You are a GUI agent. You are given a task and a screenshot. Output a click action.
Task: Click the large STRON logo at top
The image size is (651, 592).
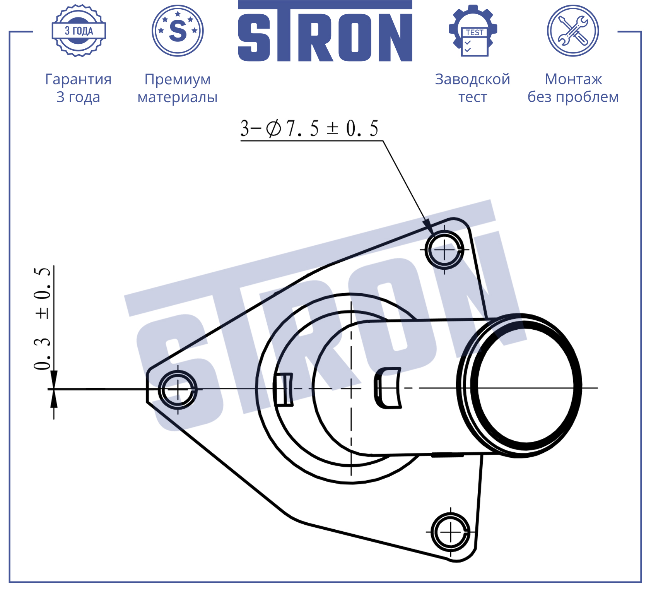pyautogui.click(x=325, y=31)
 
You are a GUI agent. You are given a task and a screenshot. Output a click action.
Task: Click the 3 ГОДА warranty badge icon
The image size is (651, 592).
pyautogui.click(x=79, y=31)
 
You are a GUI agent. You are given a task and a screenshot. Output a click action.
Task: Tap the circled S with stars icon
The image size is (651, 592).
pyautogui.click(x=178, y=31)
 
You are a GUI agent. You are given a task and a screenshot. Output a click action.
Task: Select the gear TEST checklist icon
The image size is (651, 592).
pyautogui.click(x=473, y=31)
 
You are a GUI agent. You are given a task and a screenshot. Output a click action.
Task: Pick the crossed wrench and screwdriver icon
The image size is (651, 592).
pyautogui.click(x=573, y=31)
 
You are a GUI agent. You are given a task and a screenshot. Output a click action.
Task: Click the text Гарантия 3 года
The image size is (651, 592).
pyautogui.click(x=79, y=88)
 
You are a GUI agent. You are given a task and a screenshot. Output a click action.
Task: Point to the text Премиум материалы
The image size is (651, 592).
pyautogui.click(x=178, y=88)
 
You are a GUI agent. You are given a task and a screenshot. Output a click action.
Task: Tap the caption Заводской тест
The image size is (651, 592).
pyautogui.click(x=473, y=88)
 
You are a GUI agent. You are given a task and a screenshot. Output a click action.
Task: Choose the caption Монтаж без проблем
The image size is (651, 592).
pyautogui.click(x=573, y=88)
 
